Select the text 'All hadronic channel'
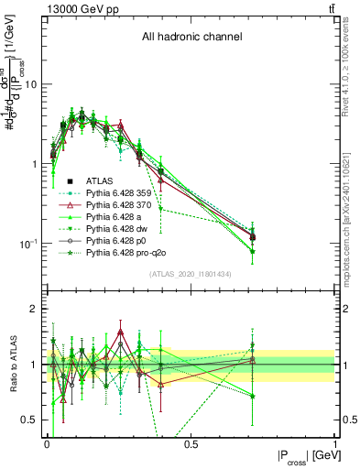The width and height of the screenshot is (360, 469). click(x=191, y=38)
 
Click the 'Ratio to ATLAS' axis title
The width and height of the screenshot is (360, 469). click(x=13, y=365)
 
